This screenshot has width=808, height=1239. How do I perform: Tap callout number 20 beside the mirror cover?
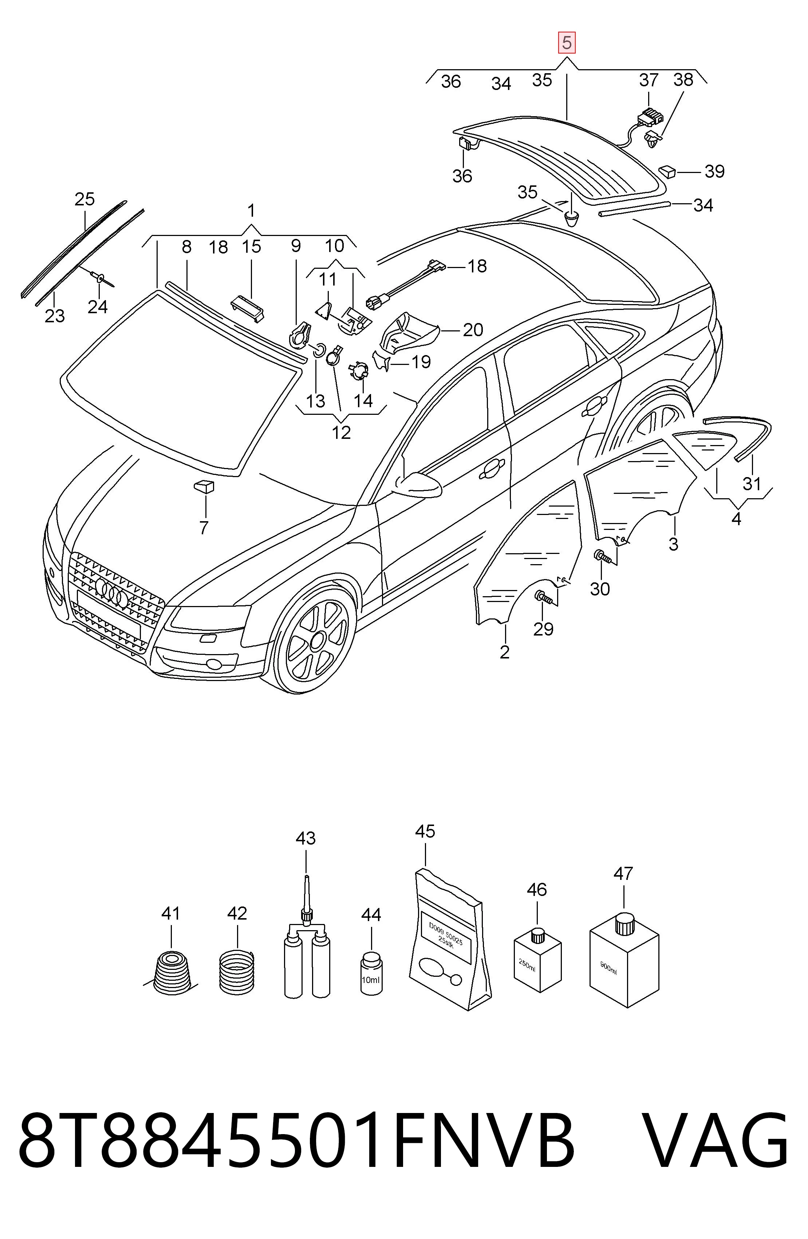point(473,330)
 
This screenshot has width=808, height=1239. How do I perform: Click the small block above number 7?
point(204,486)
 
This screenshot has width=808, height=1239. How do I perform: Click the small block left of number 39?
point(667,171)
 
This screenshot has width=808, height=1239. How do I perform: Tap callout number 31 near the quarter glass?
point(751,484)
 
